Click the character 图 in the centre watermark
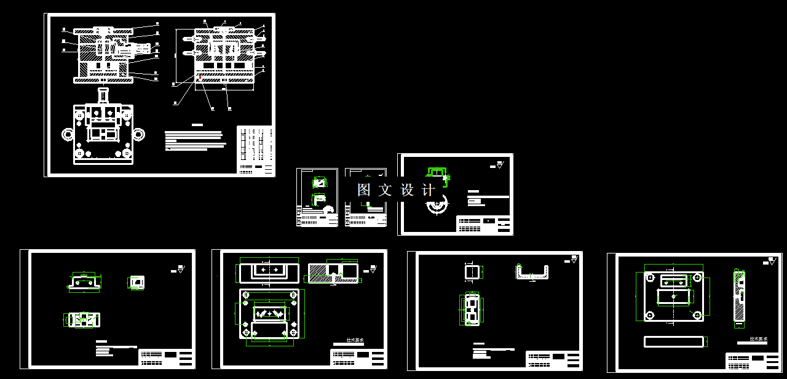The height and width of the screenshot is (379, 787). point(364,190)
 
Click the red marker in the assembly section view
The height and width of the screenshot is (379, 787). point(199,78)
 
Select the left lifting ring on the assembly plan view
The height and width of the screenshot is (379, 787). point(66,134)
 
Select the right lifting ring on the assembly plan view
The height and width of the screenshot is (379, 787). point(140,134)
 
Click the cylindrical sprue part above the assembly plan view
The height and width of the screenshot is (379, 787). point(103,95)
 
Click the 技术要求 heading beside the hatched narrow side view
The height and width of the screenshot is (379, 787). point(757,339)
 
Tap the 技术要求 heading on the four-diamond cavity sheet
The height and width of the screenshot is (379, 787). point(355,340)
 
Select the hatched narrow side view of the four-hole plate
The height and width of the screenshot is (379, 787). point(740,296)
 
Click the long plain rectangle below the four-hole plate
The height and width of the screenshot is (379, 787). point(674,341)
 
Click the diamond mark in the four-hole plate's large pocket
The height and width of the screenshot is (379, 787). point(674,296)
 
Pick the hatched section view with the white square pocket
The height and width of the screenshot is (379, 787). point(333,272)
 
